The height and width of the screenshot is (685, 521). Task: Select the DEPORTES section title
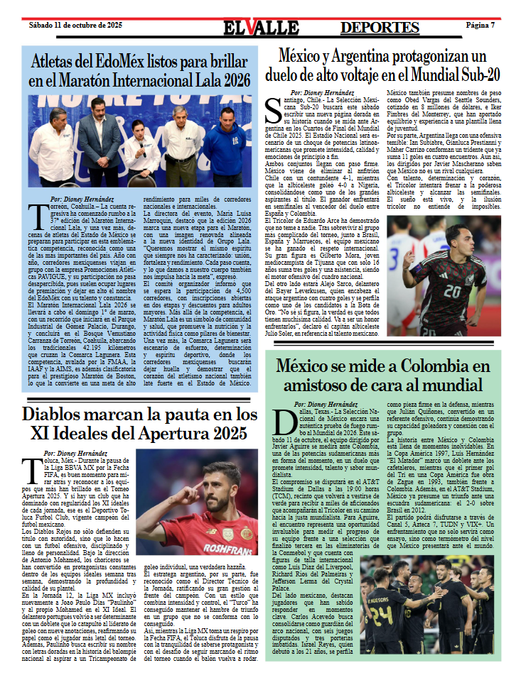(380, 27)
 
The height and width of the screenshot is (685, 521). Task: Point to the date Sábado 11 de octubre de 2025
(75, 25)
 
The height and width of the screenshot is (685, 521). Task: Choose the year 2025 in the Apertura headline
(220, 434)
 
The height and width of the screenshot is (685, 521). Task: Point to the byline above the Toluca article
(80, 453)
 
